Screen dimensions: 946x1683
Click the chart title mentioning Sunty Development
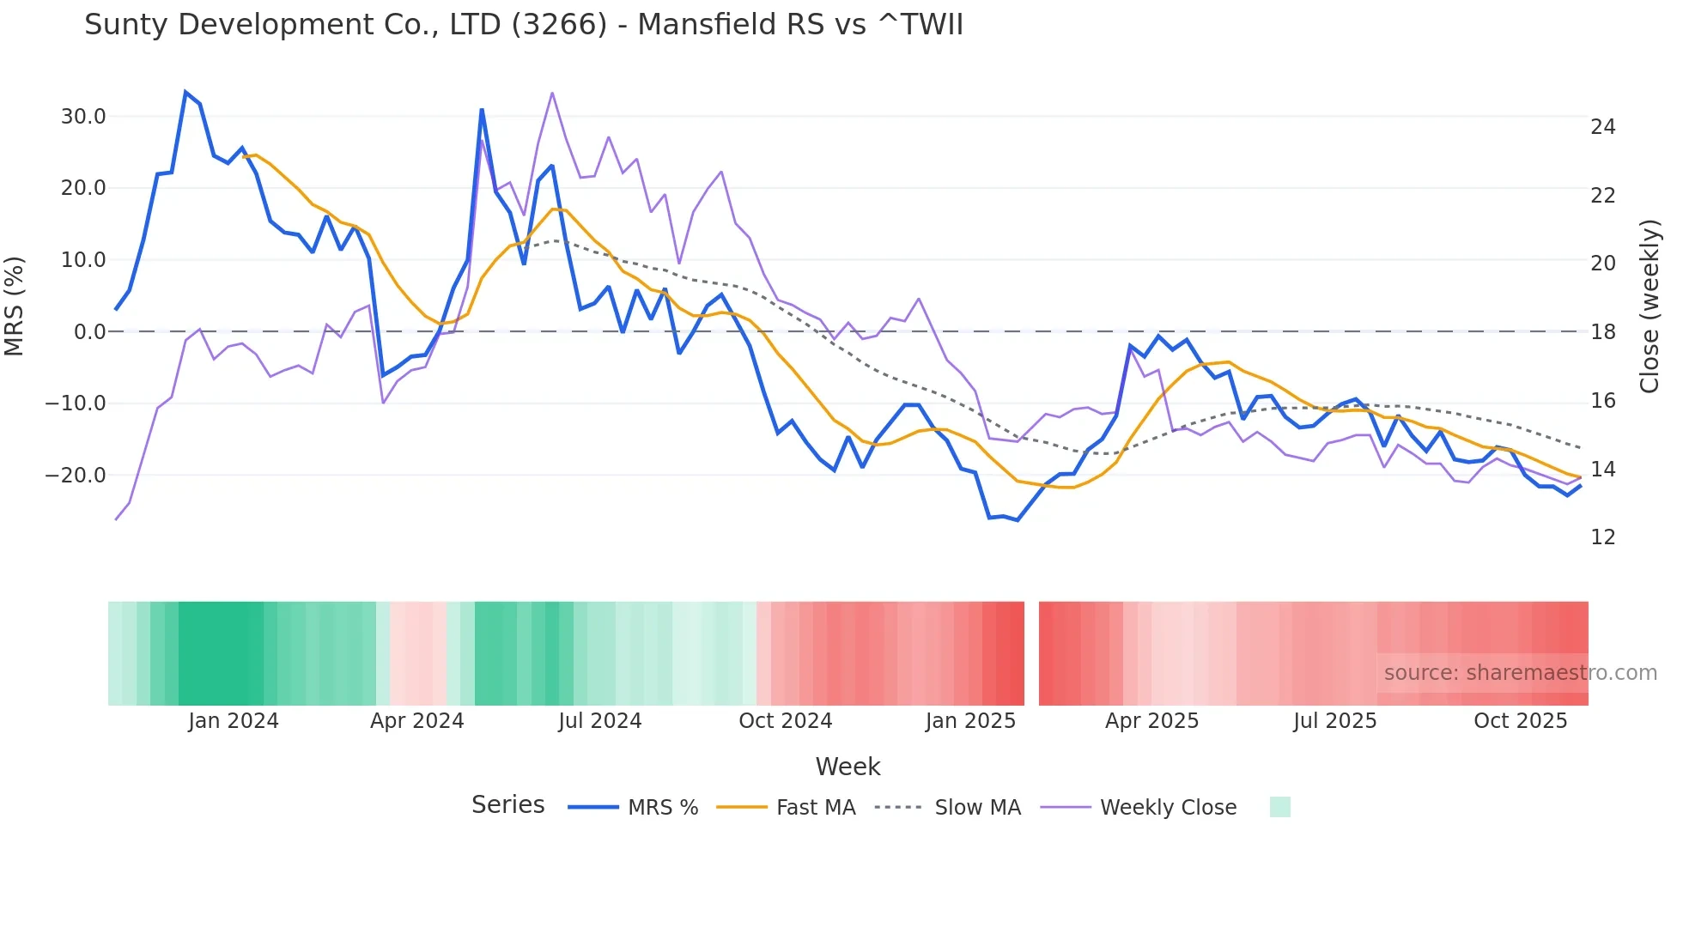coord(524,25)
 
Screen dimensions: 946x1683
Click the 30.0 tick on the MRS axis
coord(83,117)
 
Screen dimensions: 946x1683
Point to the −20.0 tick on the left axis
coord(76,475)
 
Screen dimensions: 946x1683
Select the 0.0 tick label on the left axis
coord(89,331)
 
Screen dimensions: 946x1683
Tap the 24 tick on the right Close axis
coord(1602,127)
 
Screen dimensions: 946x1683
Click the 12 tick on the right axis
coord(1602,537)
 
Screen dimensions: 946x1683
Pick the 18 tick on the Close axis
coord(1602,332)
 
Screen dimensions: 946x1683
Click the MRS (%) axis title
coord(15,306)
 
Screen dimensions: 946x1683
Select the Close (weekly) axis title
coord(1649,306)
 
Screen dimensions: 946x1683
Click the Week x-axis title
coord(848,767)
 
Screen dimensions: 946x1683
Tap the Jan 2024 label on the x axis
coord(234,721)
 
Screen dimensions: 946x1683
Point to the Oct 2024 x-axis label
coord(785,721)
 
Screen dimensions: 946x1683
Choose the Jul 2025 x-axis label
coord(1334,721)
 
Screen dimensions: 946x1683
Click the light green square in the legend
coord(1279,807)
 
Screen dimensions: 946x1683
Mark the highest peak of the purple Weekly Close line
coord(552,93)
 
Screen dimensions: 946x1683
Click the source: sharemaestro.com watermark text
coord(1520,673)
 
